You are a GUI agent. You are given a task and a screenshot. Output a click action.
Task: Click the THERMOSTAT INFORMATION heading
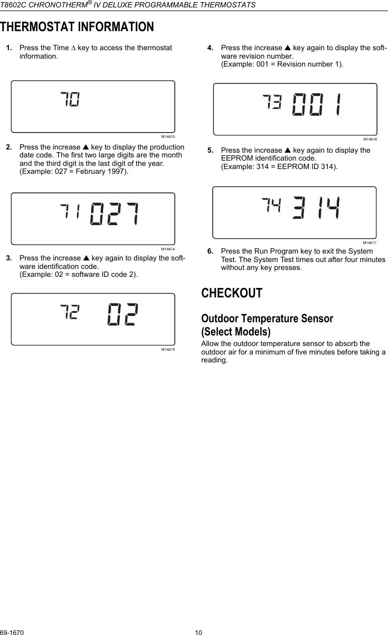point(77,26)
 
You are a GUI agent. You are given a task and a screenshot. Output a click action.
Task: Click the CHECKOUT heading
point(232,293)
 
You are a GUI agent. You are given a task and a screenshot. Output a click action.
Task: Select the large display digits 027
point(115,213)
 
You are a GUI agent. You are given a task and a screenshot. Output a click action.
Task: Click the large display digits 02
point(124,315)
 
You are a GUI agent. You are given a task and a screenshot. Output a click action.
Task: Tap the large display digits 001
point(316,106)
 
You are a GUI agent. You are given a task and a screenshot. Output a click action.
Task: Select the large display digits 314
point(316,209)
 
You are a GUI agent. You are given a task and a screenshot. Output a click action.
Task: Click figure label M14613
point(168,137)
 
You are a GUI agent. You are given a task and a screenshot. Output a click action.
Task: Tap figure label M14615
point(168,350)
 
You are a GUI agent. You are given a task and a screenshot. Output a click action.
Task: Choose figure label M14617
point(370,243)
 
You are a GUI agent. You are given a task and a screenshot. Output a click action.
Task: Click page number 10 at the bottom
point(198,632)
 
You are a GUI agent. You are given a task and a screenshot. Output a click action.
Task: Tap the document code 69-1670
point(12,632)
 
